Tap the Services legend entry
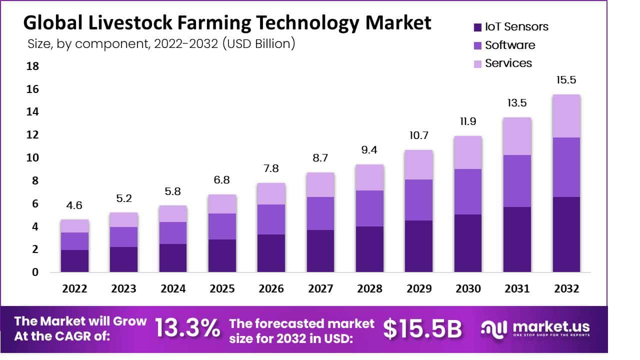tap(502, 63)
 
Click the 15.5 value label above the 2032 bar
tap(566, 80)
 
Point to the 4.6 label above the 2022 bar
tap(74, 205)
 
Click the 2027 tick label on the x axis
tap(320, 289)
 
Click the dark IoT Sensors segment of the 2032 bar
tap(566, 234)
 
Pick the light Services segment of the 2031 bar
tap(517, 136)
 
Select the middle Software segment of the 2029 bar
tap(418, 200)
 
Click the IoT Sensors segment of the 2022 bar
tap(74, 260)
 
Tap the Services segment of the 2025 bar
tap(222, 204)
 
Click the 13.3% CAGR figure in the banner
tap(187, 328)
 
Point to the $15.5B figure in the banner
tap(422, 328)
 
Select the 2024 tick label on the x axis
tap(173, 289)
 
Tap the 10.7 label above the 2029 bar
tap(418, 135)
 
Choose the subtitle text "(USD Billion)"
tap(258, 44)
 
